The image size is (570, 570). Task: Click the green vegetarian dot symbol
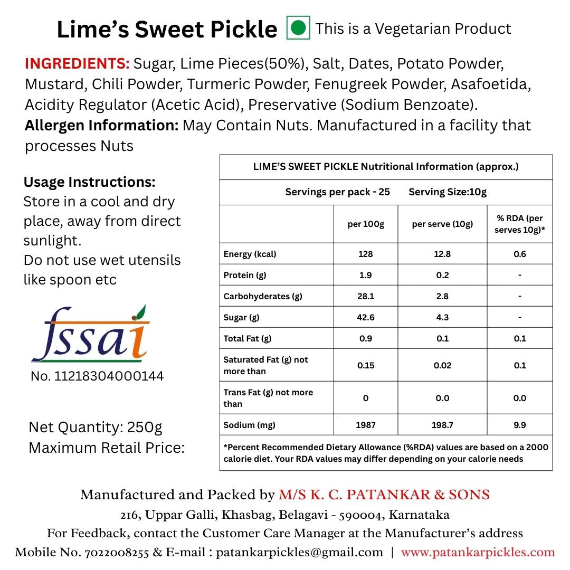coord(298,28)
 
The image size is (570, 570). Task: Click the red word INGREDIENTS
coord(77,64)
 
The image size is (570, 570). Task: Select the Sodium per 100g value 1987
coord(366,425)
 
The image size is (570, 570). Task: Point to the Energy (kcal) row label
coord(250,254)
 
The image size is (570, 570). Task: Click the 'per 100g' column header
coord(366,224)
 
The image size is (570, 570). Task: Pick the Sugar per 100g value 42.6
coord(366,317)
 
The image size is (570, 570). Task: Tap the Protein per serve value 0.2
coord(442,275)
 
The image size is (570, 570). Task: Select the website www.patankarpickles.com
coord(478,553)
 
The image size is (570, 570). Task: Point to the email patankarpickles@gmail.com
coord(299,553)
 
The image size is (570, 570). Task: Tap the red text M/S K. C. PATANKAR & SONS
coord(384,495)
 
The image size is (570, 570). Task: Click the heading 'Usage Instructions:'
coord(90,183)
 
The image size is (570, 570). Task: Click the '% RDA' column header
coord(520,224)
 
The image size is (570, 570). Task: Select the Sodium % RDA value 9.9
coord(520,425)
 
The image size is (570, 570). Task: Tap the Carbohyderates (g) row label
coord(263,296)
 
